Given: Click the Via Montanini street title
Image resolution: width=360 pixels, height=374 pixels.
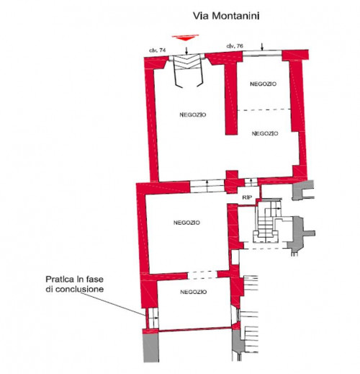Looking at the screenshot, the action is tap(226, 16).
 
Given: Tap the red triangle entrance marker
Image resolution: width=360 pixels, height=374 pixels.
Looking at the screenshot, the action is tap(185, 37).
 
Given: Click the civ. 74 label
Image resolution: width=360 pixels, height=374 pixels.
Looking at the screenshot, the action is tap(158, 50).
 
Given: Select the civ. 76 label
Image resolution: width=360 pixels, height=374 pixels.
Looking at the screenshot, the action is tap(235, 46).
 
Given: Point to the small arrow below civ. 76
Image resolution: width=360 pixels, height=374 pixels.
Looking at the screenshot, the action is tap(262, 47).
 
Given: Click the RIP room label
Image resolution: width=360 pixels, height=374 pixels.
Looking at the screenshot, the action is tap(247, 197).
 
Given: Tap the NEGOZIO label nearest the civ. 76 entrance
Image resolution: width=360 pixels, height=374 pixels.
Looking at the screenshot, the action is tap(263, 84).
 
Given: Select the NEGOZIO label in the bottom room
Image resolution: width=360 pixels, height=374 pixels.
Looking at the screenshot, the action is tap(193, 292).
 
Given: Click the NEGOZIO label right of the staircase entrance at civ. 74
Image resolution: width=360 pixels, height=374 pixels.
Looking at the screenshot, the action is tap(193, 115).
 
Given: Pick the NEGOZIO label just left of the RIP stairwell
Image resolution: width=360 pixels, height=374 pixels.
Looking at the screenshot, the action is tap(186, 223).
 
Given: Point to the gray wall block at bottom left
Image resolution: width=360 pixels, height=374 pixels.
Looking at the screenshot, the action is tap(151, 348).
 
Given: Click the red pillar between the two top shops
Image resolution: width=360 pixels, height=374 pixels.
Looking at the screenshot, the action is tap(231, 97).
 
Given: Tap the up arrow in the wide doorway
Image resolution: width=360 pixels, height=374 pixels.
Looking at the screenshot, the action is tap(207, 186).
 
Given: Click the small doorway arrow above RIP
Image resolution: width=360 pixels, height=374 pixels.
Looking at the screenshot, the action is tap(251, 182).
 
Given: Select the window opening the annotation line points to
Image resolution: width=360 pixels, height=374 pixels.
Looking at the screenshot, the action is tap(153, 318).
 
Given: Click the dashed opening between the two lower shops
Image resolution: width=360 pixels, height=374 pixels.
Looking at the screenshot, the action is tap(202, 275).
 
